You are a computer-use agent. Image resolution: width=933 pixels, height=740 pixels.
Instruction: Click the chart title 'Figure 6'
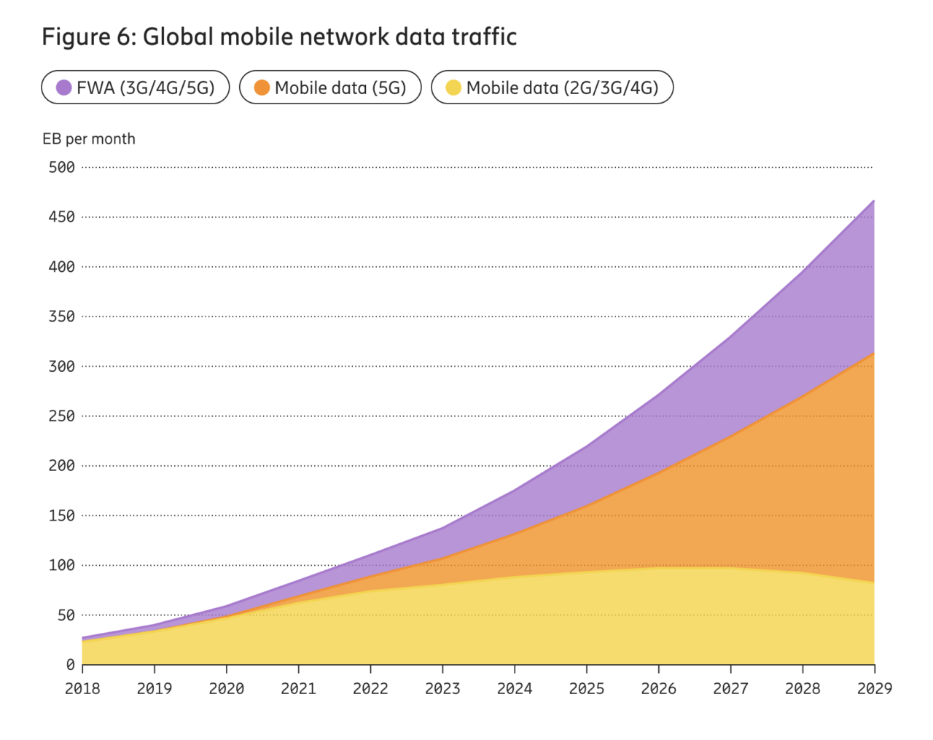[279, 36]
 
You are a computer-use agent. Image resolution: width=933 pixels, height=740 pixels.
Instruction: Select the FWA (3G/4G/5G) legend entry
[136, 87]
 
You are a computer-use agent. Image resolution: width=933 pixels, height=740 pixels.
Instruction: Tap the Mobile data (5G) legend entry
[330, 87]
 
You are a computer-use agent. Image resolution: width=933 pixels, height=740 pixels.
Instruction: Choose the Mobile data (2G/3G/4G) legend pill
[552, 87]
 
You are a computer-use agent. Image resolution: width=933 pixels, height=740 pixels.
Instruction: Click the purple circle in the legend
[64, 87]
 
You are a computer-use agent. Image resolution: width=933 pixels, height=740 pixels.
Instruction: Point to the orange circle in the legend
[262, 87]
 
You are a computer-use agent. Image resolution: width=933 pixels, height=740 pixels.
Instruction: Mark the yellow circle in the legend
[453, 87]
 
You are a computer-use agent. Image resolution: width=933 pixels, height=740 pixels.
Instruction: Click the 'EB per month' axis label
[89, 139]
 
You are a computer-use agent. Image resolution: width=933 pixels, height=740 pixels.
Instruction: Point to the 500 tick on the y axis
[62, 167]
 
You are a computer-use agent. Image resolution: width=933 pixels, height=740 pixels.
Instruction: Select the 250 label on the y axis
[62, 416]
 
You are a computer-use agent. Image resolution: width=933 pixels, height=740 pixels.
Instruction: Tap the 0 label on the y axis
[70, 664]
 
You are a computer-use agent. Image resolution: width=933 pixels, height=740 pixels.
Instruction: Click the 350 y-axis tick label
[62, 316]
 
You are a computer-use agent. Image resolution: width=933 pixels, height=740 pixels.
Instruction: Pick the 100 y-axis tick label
[62, 565]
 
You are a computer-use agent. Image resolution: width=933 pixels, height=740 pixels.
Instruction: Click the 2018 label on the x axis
[82, 688]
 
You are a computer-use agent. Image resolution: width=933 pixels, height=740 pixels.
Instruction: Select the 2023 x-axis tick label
[442, 688]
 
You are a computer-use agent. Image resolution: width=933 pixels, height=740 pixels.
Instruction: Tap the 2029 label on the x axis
[874, 688]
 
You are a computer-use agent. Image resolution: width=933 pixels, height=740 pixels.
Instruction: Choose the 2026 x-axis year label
[658, 688]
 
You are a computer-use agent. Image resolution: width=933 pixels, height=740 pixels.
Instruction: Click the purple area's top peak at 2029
[873, 200]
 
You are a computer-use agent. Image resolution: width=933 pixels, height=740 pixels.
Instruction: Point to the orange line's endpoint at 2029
[873, 354]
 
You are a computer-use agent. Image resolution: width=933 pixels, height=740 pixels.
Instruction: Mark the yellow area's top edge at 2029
[873, 583]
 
